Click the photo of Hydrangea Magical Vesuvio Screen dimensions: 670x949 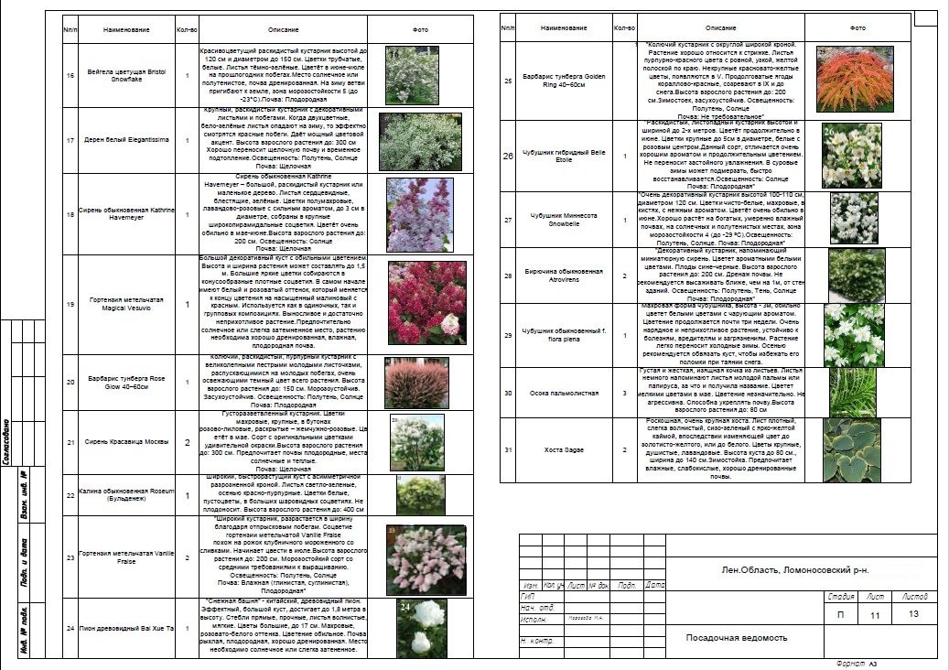(x=419, y=303)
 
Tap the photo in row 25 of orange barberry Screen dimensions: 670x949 (x=857, y=80)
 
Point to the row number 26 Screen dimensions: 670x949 (x=509, y=156)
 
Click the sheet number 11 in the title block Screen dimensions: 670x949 (x=874, y=616)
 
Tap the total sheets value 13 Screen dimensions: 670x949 (x=913, y=614)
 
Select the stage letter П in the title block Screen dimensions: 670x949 (x=840, y=616)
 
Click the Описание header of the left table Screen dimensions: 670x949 (x=283, y=29)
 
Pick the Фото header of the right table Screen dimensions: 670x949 (x=857, y=28)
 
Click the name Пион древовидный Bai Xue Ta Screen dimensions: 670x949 (x=126, y=627)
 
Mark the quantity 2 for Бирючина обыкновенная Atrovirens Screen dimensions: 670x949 (x=625, y=276)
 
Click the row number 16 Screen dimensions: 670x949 (x=70, y=76)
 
